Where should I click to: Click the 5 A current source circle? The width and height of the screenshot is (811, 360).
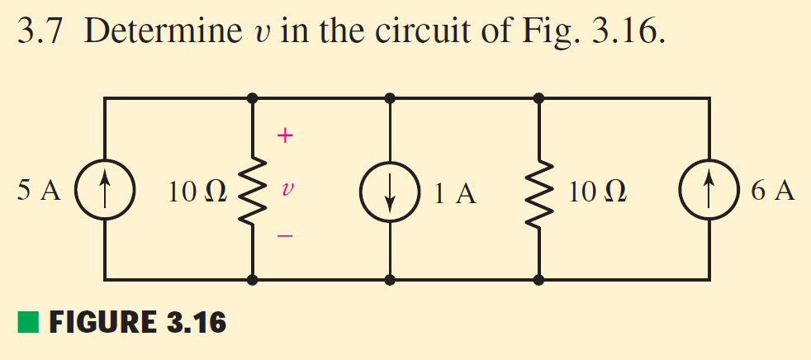click(105, 190)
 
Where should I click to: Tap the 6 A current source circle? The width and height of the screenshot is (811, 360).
click(709, 190)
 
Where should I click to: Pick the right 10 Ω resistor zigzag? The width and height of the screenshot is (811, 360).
click(539, 190)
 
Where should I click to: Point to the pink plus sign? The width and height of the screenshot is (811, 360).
click(283, 137)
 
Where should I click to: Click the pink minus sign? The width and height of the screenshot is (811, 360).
click(283, 237)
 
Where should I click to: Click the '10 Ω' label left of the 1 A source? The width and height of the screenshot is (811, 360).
click(194, 192)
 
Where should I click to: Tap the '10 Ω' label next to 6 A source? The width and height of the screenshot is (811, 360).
click(597, 192)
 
